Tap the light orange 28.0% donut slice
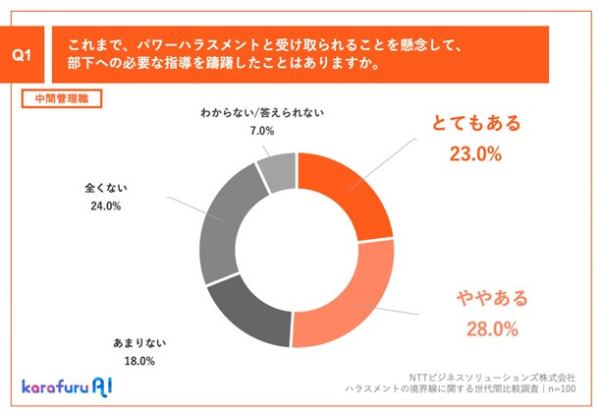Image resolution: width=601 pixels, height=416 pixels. (x=349, y=305)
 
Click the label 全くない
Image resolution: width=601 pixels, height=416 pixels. (x=107, y=189)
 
